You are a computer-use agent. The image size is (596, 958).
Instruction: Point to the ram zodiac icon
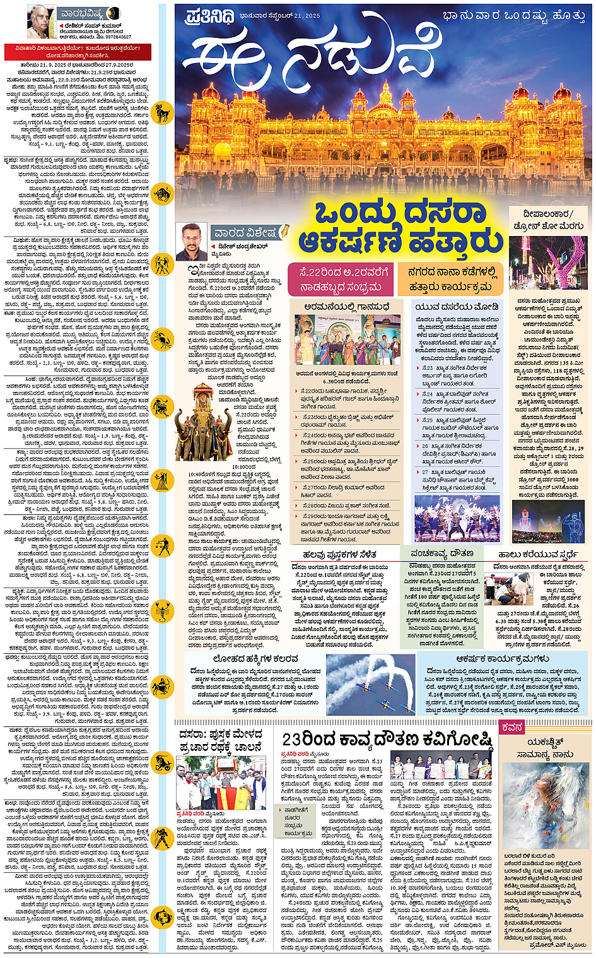tap(163, 114)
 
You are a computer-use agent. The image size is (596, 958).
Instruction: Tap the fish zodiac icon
tap(163, 916)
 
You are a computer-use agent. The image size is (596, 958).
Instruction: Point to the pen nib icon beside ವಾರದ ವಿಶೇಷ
tap(284, 232)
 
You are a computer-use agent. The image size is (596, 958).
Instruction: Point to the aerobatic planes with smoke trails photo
tap(370, 684)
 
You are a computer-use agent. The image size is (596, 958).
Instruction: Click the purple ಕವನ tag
tap(511, 728)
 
